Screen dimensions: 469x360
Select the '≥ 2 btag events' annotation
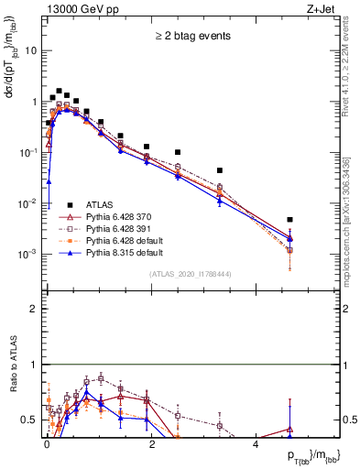(x=191, y=37)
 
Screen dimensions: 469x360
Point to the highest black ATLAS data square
(x=59, y=92)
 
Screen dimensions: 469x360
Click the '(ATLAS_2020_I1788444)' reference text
(x=190, y=274)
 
